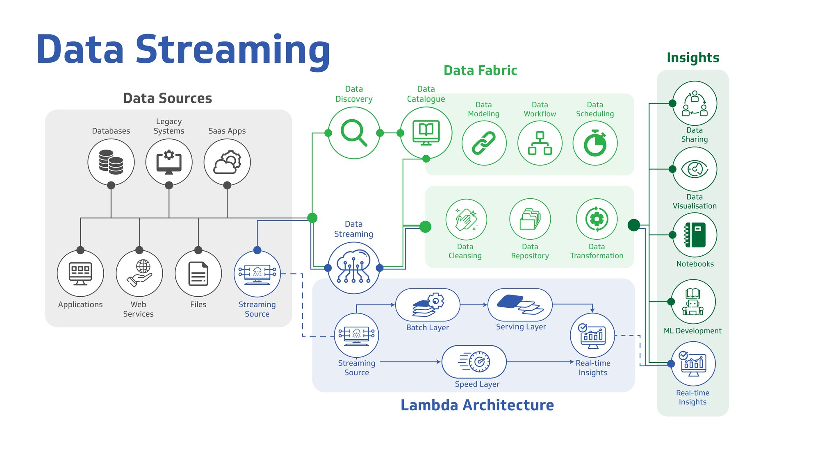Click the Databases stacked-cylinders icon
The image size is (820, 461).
coord(111,162)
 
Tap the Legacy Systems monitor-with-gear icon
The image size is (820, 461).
coord(169,162)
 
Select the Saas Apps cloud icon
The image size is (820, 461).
coord(227,162)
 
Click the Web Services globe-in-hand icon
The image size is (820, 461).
coord(139,273)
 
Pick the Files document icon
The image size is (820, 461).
coord(198,273)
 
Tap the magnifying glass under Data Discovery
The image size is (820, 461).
coord(354,133)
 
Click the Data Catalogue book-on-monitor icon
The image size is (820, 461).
coord(426,133)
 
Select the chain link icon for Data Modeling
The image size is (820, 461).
coord(484,143)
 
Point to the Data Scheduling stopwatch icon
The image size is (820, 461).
coord(595,143)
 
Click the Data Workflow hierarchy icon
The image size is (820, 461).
coord(540,143)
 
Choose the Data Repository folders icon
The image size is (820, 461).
coord(530,219)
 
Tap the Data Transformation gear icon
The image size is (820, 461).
coord(597,219)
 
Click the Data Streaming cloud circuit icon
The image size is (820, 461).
coord(353,267)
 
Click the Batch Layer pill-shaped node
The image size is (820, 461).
coord(427,305)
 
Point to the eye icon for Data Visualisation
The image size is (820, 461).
coord(695,169)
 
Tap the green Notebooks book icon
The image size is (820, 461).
coord(695,235)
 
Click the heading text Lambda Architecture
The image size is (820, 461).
coord(477,405)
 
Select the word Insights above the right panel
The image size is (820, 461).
coord(693,57)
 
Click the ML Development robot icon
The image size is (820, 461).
coord(693,302)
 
